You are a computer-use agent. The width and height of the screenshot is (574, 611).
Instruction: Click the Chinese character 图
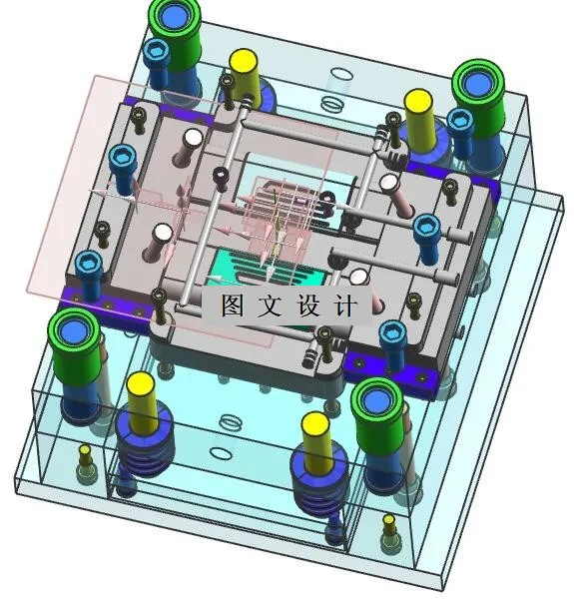tap(233, 305)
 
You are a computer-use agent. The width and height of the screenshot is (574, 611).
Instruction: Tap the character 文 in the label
tap(270, 305)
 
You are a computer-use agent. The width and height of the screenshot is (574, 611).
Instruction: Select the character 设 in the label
tap(307, 305)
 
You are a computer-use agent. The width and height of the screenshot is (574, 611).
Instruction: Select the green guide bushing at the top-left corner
tap(175, 31)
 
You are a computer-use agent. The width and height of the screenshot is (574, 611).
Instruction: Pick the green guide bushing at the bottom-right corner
tap(376, 413)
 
